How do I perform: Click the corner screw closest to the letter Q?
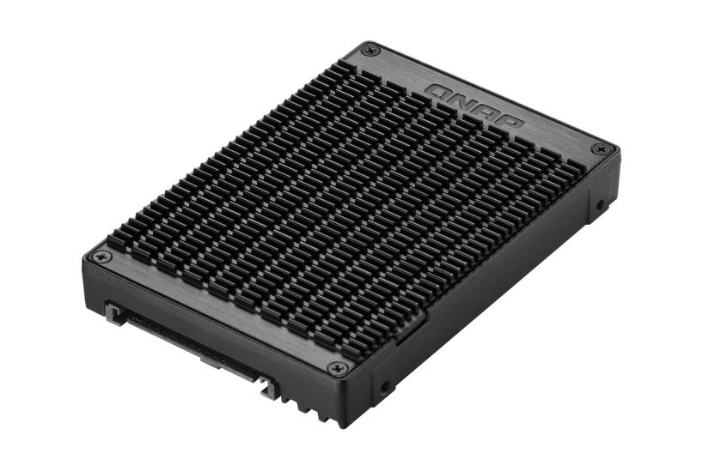369,50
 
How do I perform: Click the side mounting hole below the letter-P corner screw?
599,206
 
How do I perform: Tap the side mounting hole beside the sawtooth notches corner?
384,388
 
